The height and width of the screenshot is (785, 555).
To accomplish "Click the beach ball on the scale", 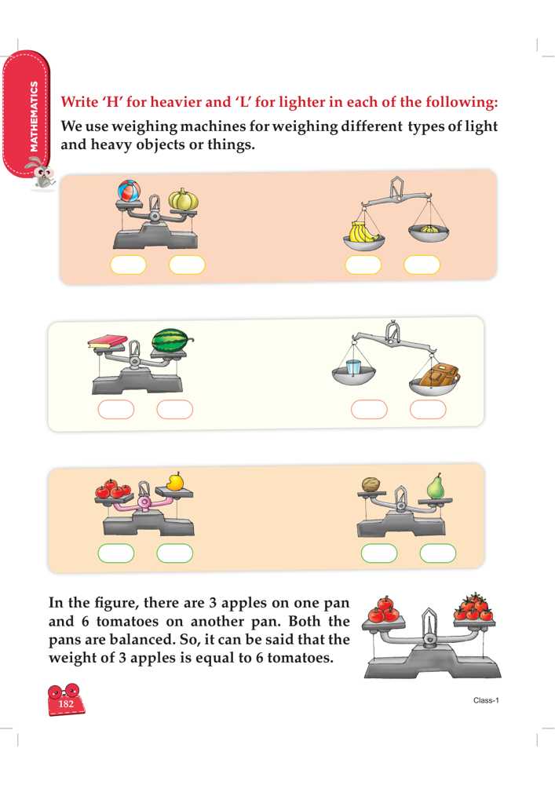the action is pos(129,190).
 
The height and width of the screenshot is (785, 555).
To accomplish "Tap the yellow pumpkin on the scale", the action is pos(183,199).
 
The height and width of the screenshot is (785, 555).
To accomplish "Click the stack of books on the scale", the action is pos(107,342).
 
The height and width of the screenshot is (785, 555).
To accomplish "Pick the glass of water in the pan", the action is pos(352,367).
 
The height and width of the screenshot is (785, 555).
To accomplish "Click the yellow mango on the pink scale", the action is pos(174,481).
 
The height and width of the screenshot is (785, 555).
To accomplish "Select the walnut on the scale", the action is pos(371,484).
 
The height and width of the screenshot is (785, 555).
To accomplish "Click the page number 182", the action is pos(66,703).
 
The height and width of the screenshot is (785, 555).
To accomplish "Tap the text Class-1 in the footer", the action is pos(486,700).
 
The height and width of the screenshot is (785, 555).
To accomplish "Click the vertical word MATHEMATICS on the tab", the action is pos(34,116).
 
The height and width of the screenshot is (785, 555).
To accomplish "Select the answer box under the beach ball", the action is pos(128,265).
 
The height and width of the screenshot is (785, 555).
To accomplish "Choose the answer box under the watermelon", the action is pos(174,410).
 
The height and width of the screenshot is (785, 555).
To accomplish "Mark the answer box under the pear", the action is pos(438,553).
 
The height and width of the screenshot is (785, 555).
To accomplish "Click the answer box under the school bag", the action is pos(428,410).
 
